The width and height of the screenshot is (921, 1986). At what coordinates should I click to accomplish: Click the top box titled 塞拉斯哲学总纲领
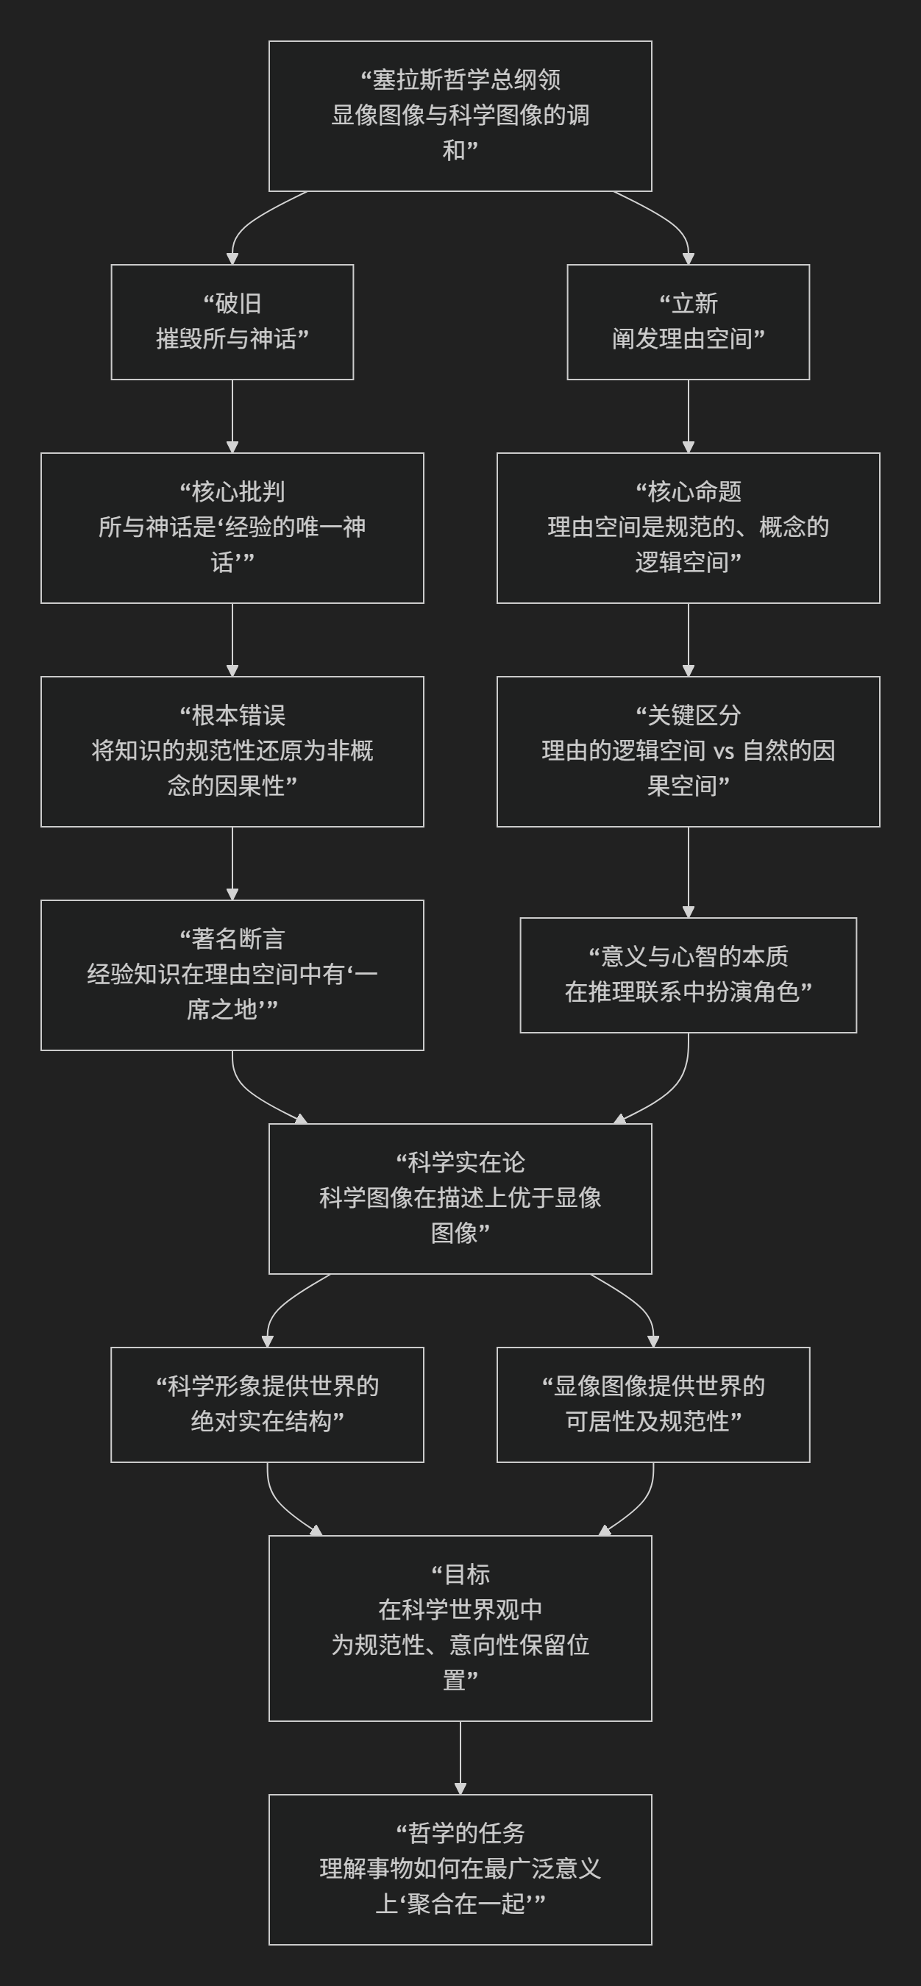click(460, 115)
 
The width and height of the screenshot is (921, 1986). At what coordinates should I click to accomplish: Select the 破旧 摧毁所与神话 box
click(232, 321)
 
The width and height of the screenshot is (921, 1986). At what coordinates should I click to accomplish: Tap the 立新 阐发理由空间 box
click(688, 321)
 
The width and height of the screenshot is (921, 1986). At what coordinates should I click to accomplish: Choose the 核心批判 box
click(232, 527)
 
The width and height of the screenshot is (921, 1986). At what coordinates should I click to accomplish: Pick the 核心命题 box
click(688, 527)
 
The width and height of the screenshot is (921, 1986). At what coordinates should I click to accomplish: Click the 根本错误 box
click(232, 751)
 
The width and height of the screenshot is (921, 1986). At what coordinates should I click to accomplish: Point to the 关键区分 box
click(688, 751)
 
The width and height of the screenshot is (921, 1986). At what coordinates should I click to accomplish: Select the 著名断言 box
click(232, 975)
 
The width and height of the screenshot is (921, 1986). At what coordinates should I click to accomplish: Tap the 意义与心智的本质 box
click(688, 975)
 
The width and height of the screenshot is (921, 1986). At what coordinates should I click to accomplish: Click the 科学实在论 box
click(460, 1198)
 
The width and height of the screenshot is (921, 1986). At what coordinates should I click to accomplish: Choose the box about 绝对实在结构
click(267, 1404)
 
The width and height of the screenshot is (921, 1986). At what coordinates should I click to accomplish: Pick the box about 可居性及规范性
click(652, 1404)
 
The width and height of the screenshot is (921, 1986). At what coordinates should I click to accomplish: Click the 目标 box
click(460, 1628)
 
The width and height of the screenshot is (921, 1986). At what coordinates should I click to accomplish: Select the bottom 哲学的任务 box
click(460, 1869)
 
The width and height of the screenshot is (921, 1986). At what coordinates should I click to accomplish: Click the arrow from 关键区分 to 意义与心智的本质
click(689, 872)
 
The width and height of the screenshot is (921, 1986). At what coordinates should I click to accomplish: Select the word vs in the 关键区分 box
click(723, 751)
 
